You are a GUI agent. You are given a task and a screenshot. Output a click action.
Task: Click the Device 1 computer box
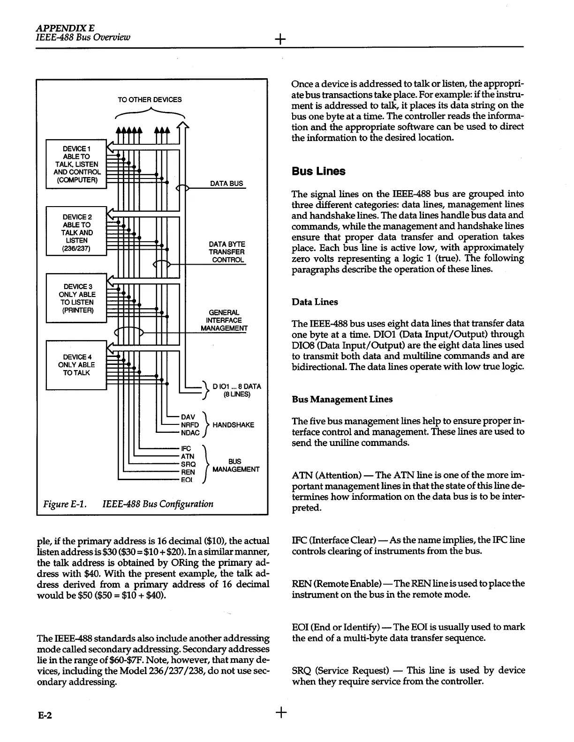[x=76, y=164]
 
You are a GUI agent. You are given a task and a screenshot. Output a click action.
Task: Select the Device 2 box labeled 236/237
[x=76, y=232]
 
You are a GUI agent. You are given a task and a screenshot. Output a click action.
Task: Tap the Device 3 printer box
[x=76, y=298]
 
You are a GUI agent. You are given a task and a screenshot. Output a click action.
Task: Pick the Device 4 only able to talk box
[x=76, y=365]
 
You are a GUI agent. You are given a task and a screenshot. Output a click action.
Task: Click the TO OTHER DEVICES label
[x=150, y=99]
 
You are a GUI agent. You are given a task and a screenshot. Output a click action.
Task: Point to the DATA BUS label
[x=227, y=183]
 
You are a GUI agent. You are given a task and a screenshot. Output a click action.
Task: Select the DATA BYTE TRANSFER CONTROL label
[x=227, y=252]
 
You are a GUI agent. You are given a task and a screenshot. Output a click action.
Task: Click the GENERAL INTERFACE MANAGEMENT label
[x=224, y=320]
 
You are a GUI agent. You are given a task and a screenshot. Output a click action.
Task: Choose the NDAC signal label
[x=190, y=433]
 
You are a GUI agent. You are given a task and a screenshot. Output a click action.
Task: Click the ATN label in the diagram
[x=188, y=456]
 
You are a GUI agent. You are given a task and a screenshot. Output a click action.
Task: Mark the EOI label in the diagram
[x=187, y=480]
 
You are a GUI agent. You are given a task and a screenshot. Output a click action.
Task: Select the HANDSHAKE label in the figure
[x=233, y=425]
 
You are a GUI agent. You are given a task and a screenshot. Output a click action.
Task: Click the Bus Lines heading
[x=318, y=171]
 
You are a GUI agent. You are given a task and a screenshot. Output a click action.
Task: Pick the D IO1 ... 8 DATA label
[x=236, y=390]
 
